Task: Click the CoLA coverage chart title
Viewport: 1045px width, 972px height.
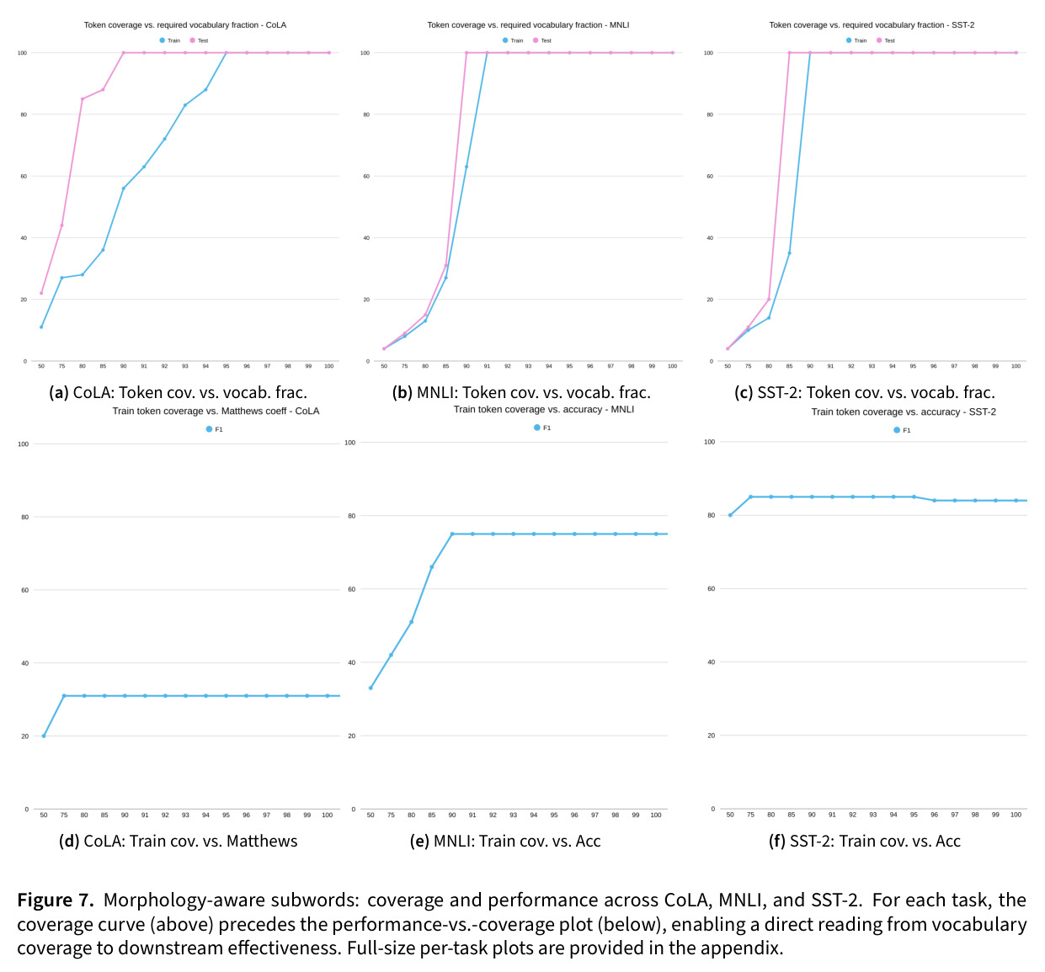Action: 184,24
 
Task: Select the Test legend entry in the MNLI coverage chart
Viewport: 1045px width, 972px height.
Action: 542,40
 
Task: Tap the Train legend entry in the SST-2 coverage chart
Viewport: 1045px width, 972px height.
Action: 856,40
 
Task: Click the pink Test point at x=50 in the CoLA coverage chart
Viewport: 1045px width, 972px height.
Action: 41,293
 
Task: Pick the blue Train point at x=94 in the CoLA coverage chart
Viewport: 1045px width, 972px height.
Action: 205,89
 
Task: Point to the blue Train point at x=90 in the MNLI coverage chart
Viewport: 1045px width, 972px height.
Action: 467,167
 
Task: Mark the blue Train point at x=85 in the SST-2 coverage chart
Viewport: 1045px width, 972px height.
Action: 789,253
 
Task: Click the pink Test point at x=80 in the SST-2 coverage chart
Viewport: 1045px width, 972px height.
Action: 769,300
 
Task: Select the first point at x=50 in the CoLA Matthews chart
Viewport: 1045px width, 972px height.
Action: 44,736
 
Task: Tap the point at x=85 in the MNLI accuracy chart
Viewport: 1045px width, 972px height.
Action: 431,567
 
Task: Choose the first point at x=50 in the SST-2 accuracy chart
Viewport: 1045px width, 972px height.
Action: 730,515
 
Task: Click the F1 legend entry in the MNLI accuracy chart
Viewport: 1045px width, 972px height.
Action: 542,428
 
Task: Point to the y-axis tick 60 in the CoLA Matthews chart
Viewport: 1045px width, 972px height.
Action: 24,590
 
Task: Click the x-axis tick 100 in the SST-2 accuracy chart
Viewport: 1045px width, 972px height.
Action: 1016,815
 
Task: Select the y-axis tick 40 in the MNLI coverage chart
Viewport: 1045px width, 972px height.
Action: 366,237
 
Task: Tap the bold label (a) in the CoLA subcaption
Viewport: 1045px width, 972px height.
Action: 59,392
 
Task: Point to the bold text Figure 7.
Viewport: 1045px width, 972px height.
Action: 56,900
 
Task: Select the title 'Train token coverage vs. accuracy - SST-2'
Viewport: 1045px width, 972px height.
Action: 904,412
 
